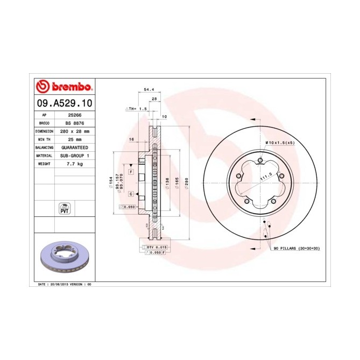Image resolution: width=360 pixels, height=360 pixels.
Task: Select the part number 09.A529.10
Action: coord(64,102)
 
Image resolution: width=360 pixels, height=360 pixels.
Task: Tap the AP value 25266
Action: coord(74,115)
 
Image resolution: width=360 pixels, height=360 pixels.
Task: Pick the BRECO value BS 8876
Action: coord(74,123)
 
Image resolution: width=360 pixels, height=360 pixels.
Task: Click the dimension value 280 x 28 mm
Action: coord(74,131)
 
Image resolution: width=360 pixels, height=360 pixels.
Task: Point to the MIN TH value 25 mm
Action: coord(74,139)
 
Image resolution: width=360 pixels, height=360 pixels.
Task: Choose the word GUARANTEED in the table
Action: coord(74,147)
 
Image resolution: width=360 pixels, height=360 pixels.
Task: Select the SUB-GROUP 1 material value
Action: coord(74,155)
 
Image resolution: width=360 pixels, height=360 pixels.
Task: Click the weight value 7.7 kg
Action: coord(74,163)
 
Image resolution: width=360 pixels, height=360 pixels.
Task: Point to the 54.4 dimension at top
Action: coord(143,89)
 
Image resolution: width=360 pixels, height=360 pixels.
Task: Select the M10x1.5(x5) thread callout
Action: coord(279,142)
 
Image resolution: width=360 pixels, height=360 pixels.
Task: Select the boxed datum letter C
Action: coord(131,193)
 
